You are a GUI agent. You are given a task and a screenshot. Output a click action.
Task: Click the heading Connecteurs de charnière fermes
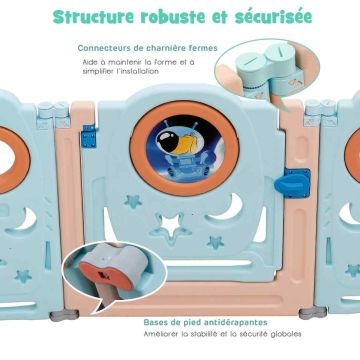[147, 48]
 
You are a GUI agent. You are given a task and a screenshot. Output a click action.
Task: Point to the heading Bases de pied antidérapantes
[205, 322]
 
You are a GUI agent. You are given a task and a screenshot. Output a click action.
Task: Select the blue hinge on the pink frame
[89, 136]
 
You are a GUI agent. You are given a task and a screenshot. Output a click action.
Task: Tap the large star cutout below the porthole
[171, 227]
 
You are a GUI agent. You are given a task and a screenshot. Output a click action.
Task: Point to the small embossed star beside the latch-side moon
[216, 242]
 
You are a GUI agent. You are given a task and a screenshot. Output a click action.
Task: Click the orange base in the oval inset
[105, 275]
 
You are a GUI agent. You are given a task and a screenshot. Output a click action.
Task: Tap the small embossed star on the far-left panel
[23, 275]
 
